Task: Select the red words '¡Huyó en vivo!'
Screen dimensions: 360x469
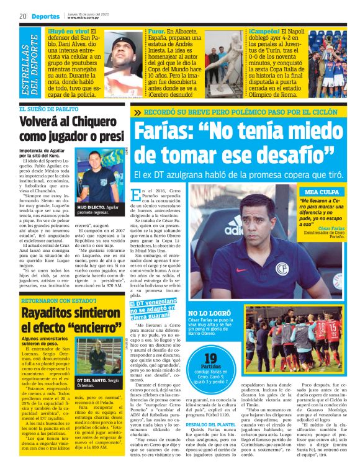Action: point(68,31)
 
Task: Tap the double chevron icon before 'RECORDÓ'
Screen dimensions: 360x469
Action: point(136,112)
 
